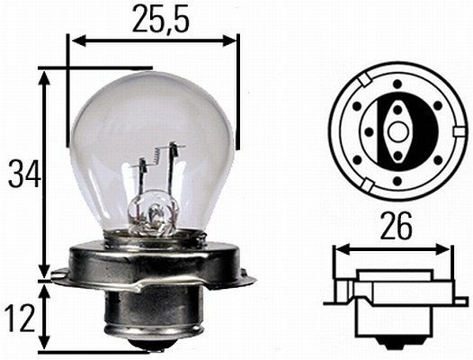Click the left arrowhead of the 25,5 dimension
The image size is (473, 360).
(x=76, y=40)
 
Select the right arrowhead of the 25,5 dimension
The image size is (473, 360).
(x=233, y=40)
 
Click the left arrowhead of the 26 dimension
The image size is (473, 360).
(x=340, y=248)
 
